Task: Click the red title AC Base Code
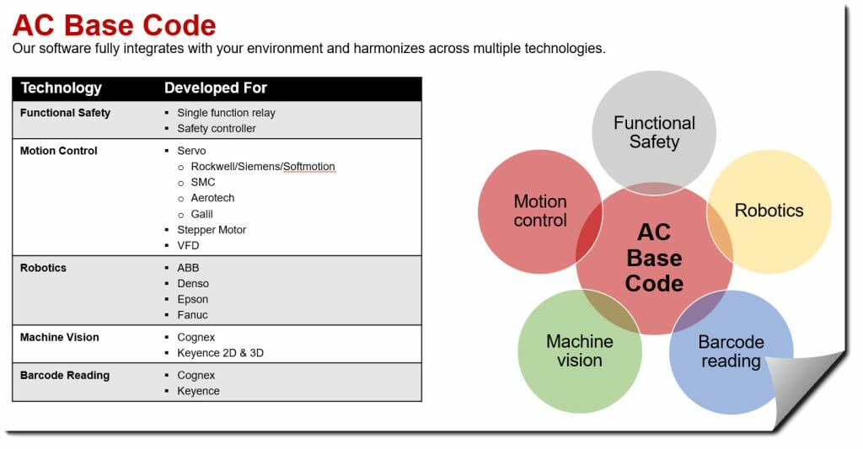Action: coord(114,24)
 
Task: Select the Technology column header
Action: coord(61,88)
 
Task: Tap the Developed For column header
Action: coord(215,88)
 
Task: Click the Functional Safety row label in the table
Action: coord(65,112)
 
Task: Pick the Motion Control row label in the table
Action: coord(58,151)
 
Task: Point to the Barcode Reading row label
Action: coord(64,375)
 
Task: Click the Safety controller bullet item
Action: coord(216,128)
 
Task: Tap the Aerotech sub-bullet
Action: coord(212,198)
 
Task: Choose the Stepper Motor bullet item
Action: coord(212,229)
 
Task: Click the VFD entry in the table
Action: coord(188,245)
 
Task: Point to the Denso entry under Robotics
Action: coord(193,283)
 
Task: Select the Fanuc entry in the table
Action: coord(192,315)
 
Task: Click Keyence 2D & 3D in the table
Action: coord(220,353)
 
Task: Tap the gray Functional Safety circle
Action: coord(653,127)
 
